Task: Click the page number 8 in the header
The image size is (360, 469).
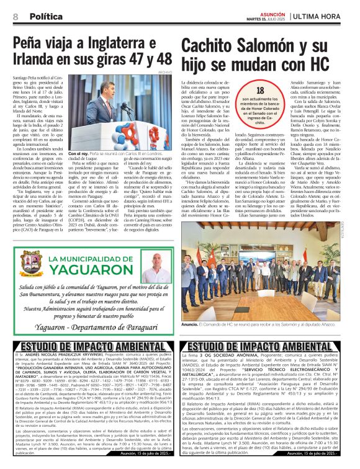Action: [x=16, y=16]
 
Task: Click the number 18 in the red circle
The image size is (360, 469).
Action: [x=259, y=91]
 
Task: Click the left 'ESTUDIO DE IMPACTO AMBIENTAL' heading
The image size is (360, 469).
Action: [x=89, y=345]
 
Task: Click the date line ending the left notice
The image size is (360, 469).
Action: [x=148, y=454]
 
